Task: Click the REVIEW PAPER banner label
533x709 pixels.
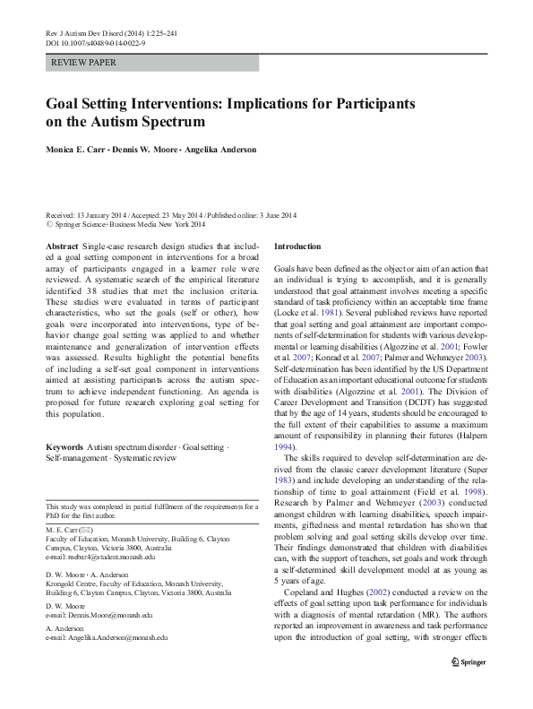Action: [85, 64]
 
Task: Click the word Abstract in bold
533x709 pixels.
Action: [61, 246]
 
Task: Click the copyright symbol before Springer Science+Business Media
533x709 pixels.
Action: [49, 226]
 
